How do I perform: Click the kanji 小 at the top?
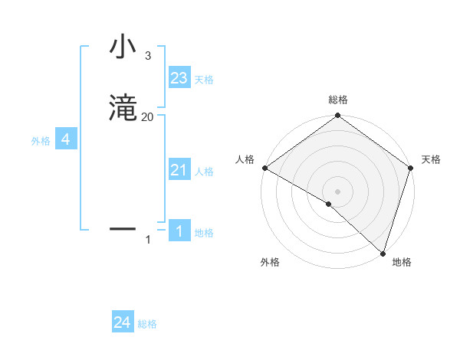tap(123, 47)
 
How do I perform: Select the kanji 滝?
tap(123, 109)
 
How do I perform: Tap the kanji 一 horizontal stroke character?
tap(123, 228)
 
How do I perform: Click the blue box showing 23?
tap(179, 78)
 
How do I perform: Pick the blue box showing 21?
tap(179, 170)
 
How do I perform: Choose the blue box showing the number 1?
tap(179, 231)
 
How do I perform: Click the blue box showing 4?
tap(66, 139)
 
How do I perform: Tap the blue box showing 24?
tap(123, 322)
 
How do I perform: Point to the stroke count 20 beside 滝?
tap(148, 116)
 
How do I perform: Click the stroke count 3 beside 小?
tap(148, 56)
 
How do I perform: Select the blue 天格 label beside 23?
tap(204, 80)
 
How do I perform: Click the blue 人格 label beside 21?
tap(205, 172)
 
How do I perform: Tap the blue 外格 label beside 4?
tap(41, 141)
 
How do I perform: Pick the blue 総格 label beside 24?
tap(148, 324)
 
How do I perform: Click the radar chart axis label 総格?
tap(338, 100)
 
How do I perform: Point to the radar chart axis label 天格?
tap(431, 159)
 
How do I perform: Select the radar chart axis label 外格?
tap(270, 263)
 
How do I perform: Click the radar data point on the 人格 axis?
tap(264, 168)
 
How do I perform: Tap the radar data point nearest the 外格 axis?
tap(329, 204)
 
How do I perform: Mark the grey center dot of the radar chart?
tap(338, 191)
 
